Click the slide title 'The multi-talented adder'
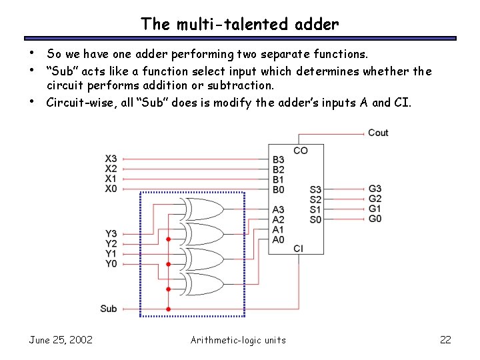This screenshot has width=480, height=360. pyautogui.click(x=240, y=25)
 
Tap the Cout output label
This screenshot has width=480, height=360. pyautogui.click(x=378, y=133)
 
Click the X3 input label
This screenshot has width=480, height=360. pyautogui.click(x=111, y=159)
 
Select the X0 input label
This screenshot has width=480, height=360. pyautogui.click(x=111, y=189)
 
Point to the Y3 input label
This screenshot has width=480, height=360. pyautogui.click(x=111, y=233)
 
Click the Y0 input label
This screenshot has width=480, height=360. pyautogui.click(x=111, y=263)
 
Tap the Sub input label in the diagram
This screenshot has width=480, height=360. pyautogui.click(x=109, y=309)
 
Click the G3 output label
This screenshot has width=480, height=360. pyautogui.click(x=375, y=189)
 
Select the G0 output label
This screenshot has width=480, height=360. pyautogui.click(x=375, y=219)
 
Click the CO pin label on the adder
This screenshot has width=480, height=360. pyautogui.click(x=300, y=151)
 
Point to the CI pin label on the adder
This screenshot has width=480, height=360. pyautogui.click(x=298, y=249)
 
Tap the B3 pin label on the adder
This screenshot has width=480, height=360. pyautogui.click(x=278, y=159)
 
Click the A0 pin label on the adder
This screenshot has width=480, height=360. pyautogui.click(x=278, y=239)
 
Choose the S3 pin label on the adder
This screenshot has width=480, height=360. pyautogui.click(x=315, y=189)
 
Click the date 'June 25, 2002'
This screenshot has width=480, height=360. pyautogui.click(x=61, y=340)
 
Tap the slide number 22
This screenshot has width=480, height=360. pyautogui.click(x=445, y=340)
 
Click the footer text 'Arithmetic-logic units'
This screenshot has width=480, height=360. pyautogui.click(x=238, y=340)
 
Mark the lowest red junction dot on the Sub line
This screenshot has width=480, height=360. pyautogui.click(x=168, y=309)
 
